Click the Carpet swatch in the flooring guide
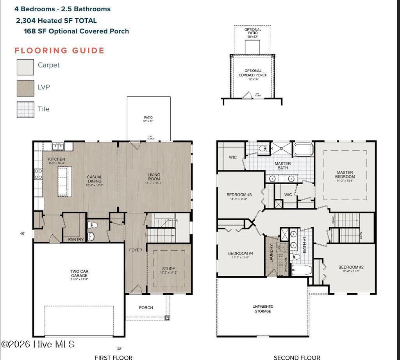click(x=25, y=67)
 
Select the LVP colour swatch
click(x=25, y=88)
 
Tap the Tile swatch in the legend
click(x=25, y=109)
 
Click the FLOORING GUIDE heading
click(x=59, y=50)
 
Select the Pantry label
click(x=76, y=239)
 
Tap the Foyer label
click(x=136, y=250)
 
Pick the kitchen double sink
click(x=59, y=146)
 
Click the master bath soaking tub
click(x=304, y=150)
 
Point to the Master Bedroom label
click(x=345, y=175)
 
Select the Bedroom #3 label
click(x=239, y=196)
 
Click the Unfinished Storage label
click(x=263, y=309)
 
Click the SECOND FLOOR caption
click(x=297, y=357)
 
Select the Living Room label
click(x=154, y=176)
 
